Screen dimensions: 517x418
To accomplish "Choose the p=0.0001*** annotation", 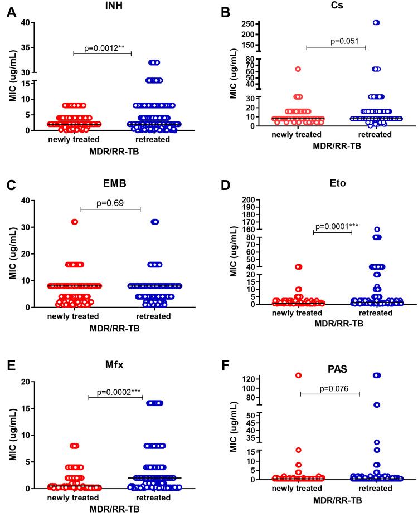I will (x=333, y=226).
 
